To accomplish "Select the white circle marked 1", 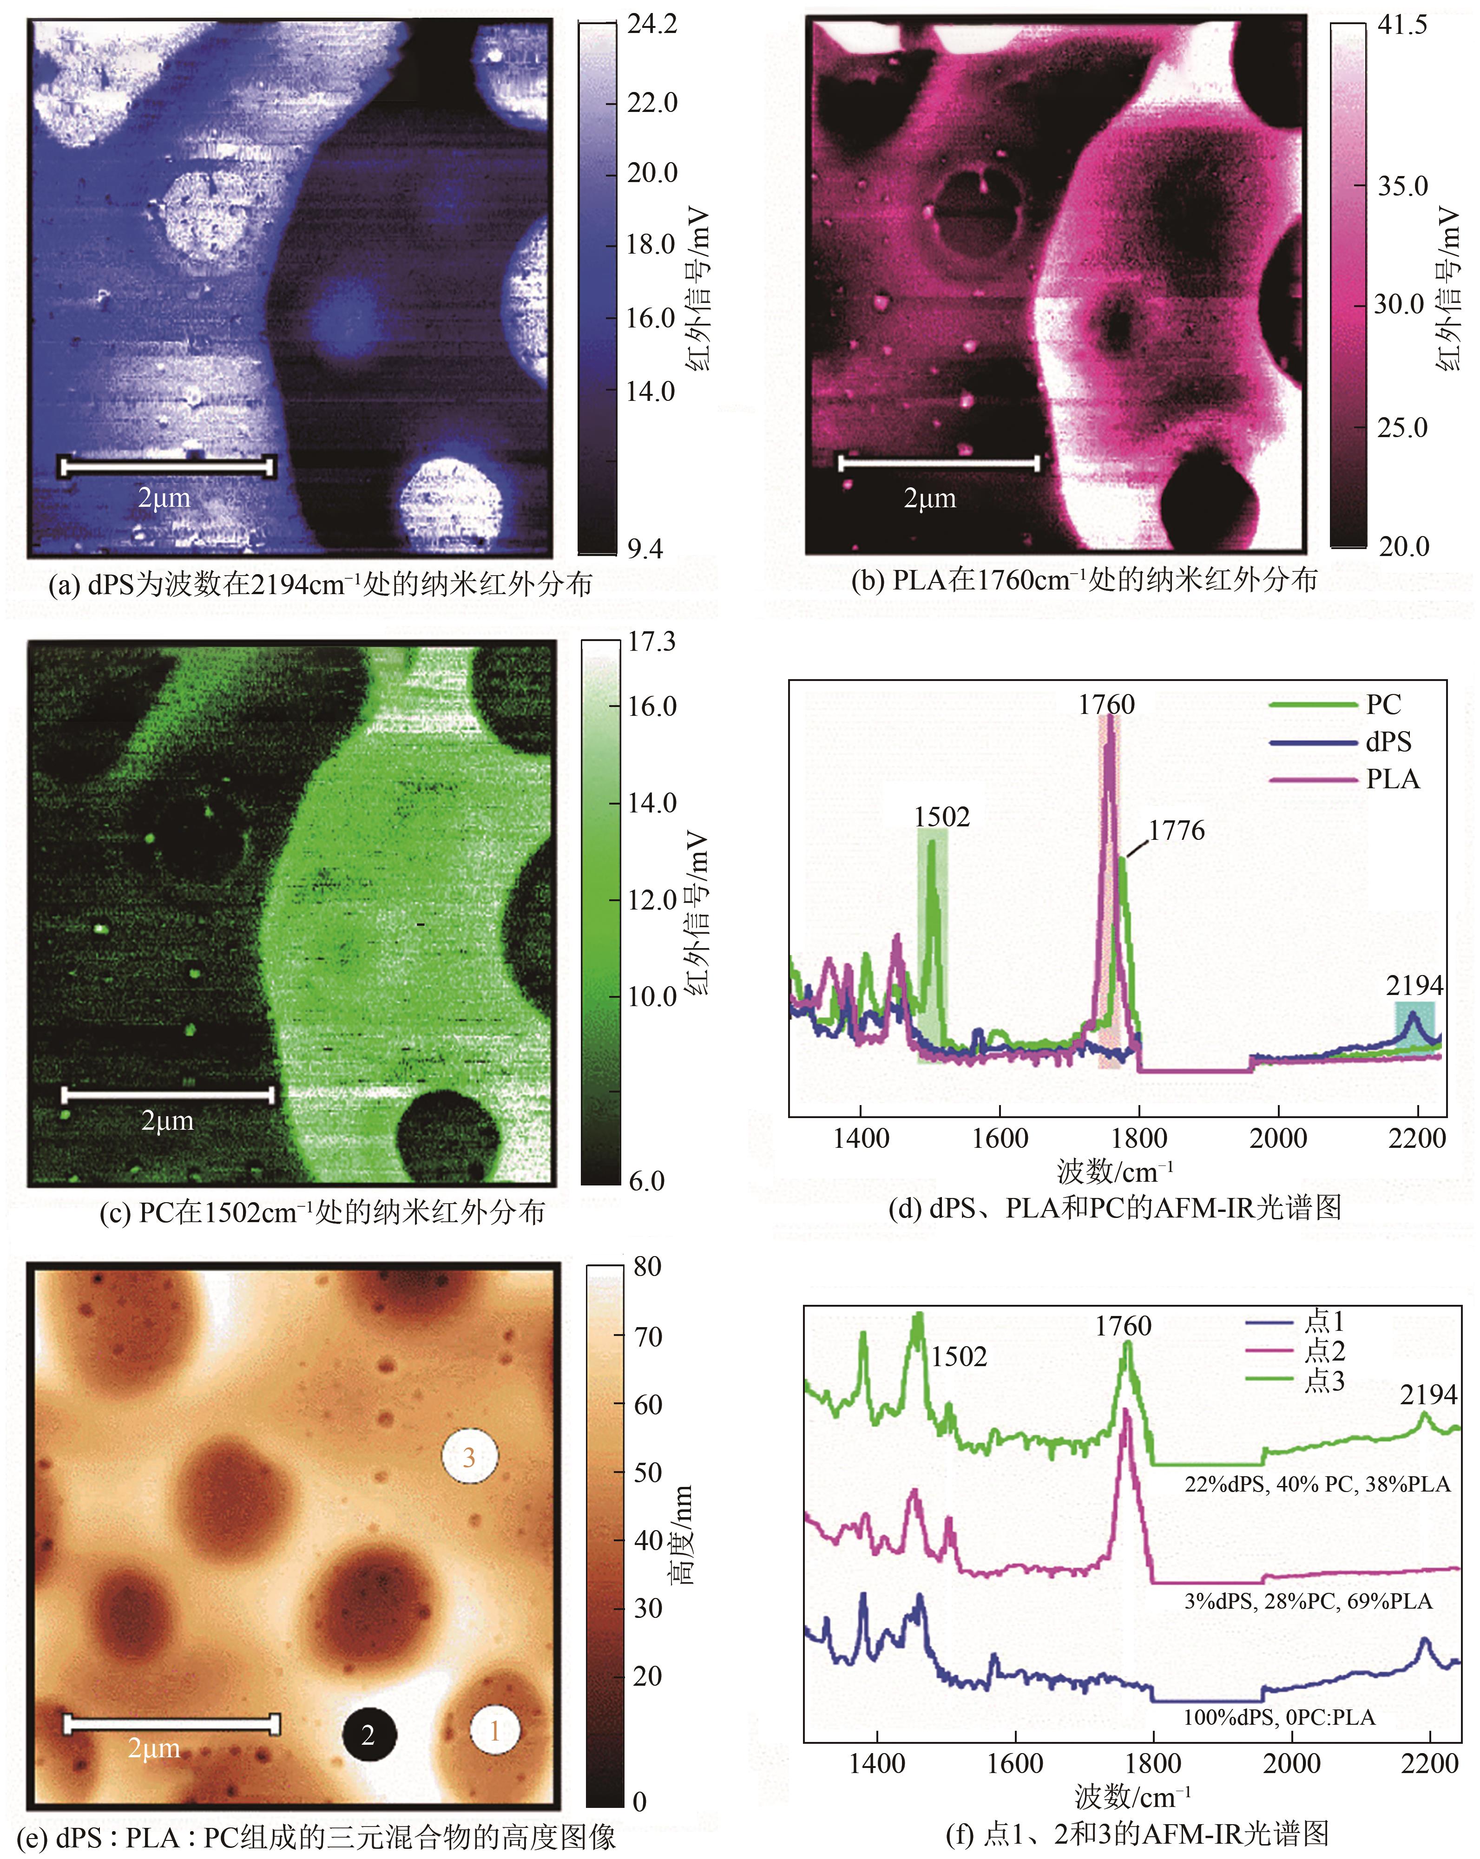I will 495,1730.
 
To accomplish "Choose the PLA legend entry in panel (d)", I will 1392,779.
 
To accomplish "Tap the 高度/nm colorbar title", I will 682,1535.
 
